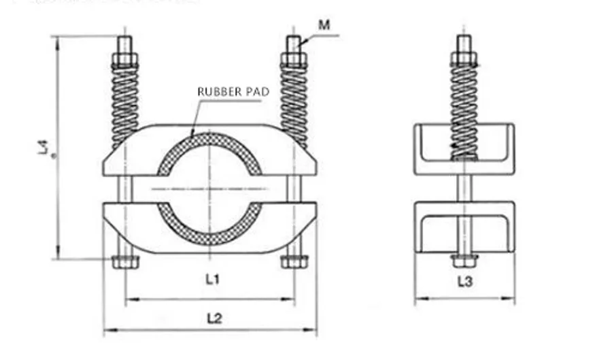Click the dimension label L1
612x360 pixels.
point(212,279)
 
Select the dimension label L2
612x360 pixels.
point(214,318)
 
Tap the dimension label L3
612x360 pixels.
point(464,280)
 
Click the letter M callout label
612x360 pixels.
point(324,25)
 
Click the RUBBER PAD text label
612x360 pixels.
point(233,91)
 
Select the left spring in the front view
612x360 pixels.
point(125,102)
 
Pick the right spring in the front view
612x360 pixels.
point(294,102)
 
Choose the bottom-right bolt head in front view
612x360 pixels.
point(294,261)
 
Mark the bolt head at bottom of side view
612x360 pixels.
point(464,260)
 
